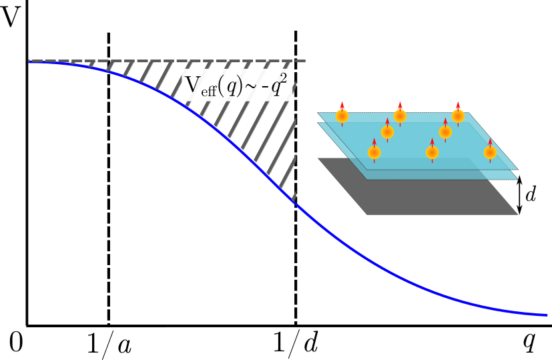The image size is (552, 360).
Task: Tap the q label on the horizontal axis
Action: pyautogui.click(x=528, y=341)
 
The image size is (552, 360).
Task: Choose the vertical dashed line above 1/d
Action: pyautogui.click(x=296, y=267)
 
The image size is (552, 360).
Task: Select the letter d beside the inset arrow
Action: pyautogui.click(x=531, y=195)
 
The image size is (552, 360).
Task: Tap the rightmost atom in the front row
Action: pyautogui.click(x=490, y=153)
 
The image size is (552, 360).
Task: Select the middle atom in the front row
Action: pyautogui.click(x=433, y=153)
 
